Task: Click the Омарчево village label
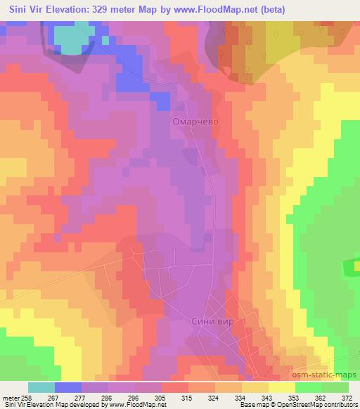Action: (x=191, y=122)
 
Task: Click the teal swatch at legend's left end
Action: (x=41, y=387)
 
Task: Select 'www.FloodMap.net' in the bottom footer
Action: (x=134, y=405)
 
